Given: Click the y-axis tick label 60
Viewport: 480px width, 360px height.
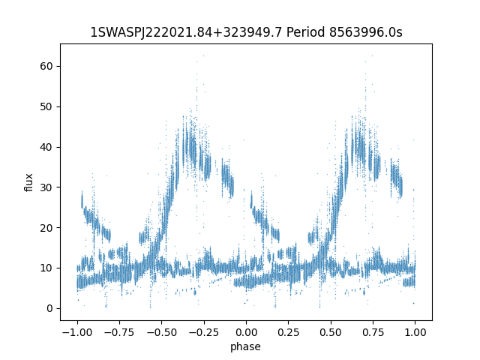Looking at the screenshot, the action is [x=46, y=66].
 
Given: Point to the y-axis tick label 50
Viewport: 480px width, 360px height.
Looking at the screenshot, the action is [x=46, y=106].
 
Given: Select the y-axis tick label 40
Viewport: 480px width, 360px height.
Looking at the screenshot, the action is [x=46, y=147].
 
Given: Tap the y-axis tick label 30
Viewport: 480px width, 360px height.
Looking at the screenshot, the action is [x=46, y=187].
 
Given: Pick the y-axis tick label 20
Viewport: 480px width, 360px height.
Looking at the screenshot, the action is [x=46, y=228].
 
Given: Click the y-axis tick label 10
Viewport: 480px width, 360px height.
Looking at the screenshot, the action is [x=46, y=268].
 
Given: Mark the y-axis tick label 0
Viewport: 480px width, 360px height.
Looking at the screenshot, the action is [x=49, y=308].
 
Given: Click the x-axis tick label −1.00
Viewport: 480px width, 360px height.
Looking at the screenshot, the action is [x=77, y=332].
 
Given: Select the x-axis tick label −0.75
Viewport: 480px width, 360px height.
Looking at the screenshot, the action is [x=119, y=332].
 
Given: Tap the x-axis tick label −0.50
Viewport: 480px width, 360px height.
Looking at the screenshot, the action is [x=162, y=332].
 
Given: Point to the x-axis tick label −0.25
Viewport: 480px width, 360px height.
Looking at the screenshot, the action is [x=204, y=332].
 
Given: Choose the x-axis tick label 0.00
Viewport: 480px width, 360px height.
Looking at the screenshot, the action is [x=246, y=332].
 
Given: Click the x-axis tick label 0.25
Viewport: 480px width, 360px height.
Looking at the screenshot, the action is [x=288, y=332].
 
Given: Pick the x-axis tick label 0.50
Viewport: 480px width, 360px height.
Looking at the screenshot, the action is [x=331, y=332].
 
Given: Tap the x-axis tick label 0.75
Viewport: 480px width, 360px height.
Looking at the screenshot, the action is [x=373, y=332].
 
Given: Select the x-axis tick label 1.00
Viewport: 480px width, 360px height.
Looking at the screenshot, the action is [x=415, y=332].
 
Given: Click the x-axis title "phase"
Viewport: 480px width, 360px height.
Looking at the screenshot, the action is [x=245, y=346].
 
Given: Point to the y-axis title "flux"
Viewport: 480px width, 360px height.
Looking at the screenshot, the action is [x=28, y=182].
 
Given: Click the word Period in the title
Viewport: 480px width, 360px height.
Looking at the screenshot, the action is [x=305, y=32].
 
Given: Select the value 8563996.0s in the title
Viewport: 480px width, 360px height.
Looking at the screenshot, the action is [x=365, y=32].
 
